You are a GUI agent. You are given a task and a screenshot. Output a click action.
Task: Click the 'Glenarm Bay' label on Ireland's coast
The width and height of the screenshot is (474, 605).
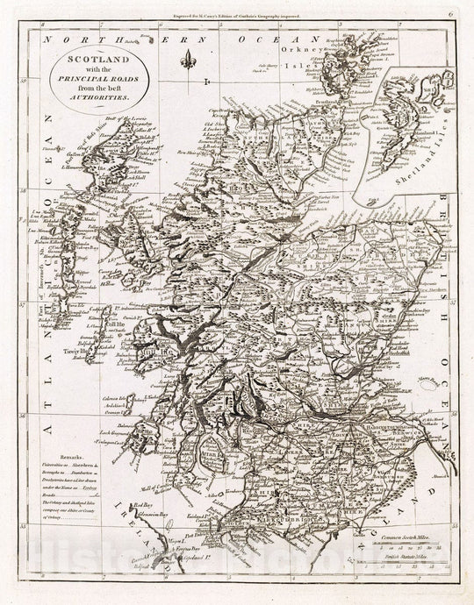152,518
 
